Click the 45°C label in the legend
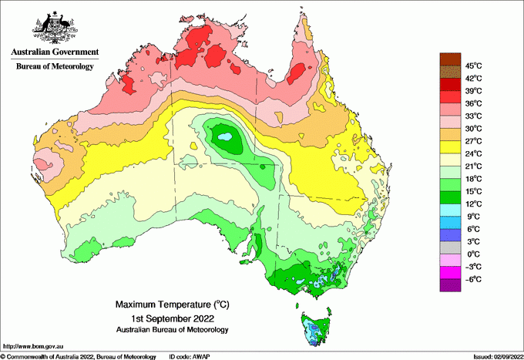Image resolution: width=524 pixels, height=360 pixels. [x=472, y=66]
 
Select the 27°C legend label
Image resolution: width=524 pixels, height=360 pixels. [x=472, y=141]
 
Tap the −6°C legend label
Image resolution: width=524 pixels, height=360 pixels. [x=472, y=279]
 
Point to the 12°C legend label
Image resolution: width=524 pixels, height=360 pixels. [x=472, y=204]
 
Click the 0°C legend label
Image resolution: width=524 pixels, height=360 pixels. [x=472, y=254]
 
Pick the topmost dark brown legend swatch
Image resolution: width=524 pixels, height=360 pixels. [x=449, y=59]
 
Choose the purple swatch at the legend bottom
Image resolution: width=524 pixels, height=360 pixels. [x=449, y=285]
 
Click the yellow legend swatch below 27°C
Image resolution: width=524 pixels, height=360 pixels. [x=449, y=147]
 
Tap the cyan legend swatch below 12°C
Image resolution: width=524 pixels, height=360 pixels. [x=449, y=210]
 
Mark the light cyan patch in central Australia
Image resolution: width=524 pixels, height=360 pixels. [x=225, y=139]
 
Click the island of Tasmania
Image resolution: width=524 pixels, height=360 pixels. [x=314, y=328]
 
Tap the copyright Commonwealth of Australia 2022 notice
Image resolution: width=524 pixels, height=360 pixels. [x=77, y=356]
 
